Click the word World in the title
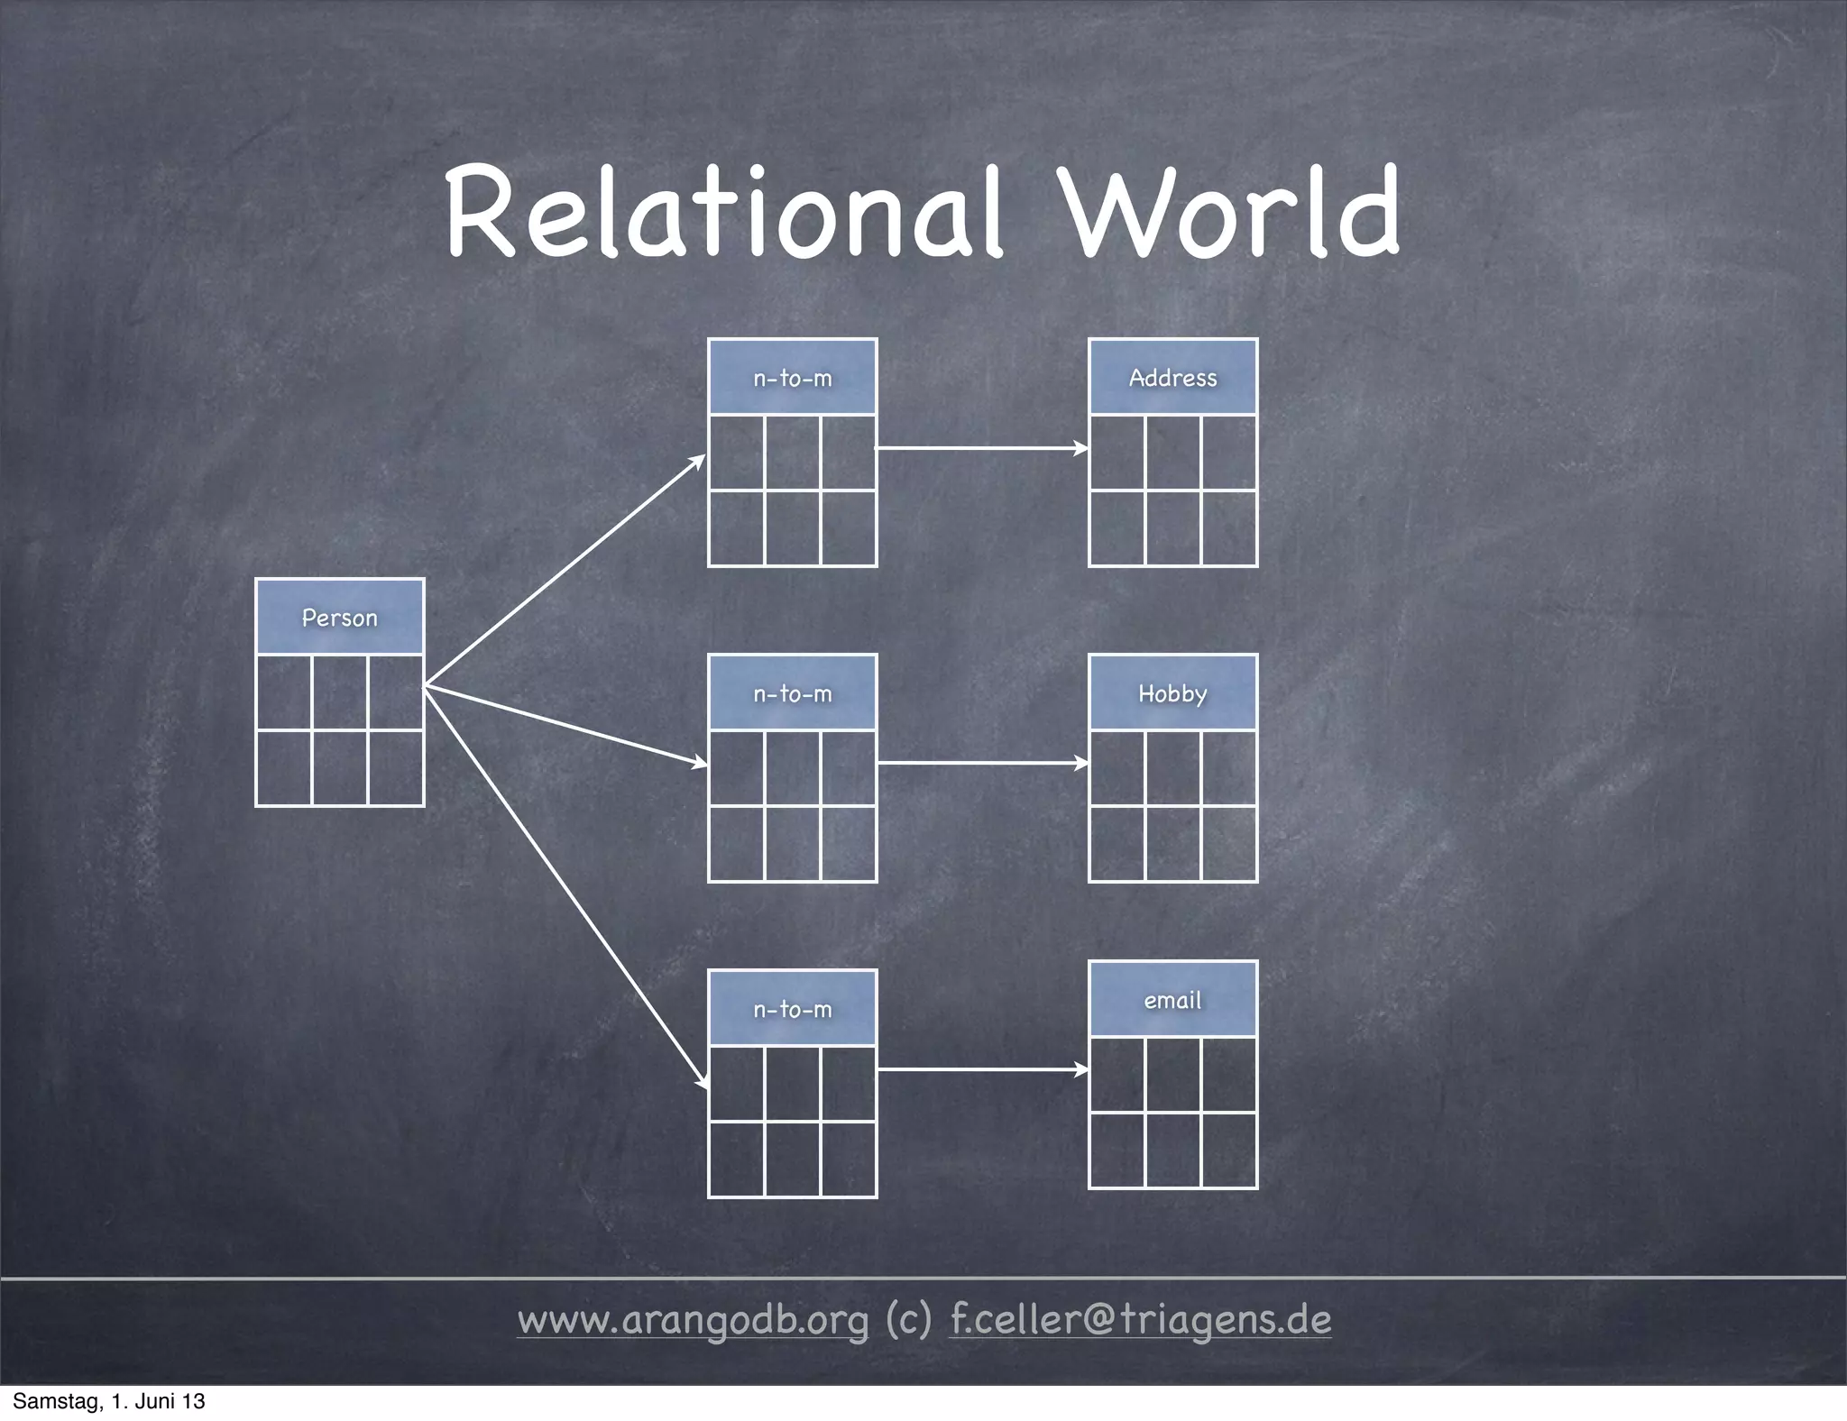1232,213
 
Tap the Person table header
340,618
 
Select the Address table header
1172,378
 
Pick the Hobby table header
1172,693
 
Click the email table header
1172,1000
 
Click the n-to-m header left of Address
793,378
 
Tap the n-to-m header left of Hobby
793,693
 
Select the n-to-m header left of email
793,1009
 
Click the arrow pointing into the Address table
982,447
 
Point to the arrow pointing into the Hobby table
982,763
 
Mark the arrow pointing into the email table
982,1069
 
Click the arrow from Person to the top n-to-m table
565,571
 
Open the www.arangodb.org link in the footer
693,1320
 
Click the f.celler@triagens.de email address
1141,1320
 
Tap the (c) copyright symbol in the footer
909,1320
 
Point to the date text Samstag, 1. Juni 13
109,1401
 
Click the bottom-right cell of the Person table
396,767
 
